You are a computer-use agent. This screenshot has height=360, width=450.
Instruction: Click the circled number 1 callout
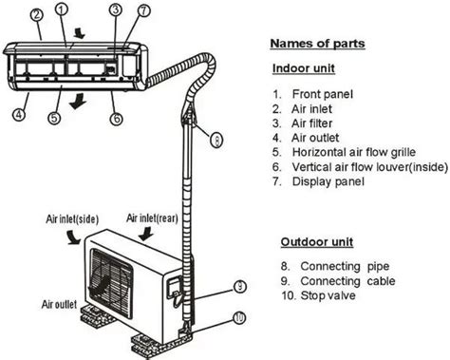tap(62, 9)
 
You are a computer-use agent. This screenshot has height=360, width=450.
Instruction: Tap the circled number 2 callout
tap(37, 15)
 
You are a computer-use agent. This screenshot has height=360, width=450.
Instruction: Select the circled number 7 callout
tap(143, 10)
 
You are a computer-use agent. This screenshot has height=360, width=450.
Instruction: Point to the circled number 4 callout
tap(19, 114)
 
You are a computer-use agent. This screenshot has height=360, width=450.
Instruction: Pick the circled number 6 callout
tap(117, 119)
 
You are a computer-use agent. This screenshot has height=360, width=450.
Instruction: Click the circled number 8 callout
tap(216, 140)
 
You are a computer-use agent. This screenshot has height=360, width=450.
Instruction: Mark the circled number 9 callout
tap(240, 287)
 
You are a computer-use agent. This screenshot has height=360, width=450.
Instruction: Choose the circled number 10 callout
tap(239, 317)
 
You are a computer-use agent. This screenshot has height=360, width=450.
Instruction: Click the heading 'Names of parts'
tap(317, 44)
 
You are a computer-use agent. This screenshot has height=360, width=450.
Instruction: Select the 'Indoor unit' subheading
tap(304, 68)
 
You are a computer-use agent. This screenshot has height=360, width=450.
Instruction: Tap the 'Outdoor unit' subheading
tap(317, 242)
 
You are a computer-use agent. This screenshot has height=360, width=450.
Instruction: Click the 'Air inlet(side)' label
tap(72, 219)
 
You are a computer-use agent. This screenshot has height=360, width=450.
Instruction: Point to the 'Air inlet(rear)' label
tap(152, 218)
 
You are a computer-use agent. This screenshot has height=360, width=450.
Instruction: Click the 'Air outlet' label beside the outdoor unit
tap(59, 305)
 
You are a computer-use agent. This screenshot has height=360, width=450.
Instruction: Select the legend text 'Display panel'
tap(328, 181)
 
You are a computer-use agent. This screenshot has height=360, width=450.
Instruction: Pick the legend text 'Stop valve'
tap(328, 295)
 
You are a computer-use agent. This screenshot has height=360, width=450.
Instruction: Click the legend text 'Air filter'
tap(311, 123)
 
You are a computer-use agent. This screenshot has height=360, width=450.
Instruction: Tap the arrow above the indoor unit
tap(79, 33)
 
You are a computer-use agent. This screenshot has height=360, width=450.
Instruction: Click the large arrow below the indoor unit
tap(78, 101)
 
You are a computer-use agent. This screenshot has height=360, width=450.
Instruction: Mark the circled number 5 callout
tap(54, 118)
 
